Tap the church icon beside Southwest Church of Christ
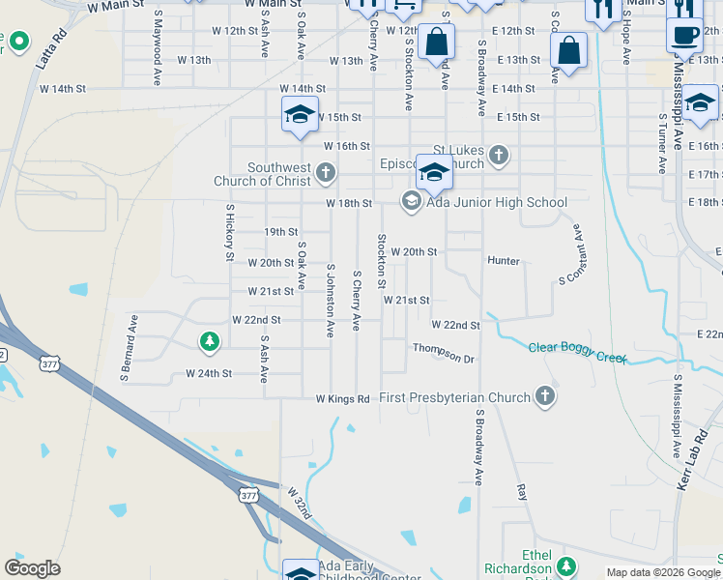(x=326, y=174)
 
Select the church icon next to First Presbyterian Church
(x=545, y=396)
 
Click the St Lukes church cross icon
(x=498, y=154)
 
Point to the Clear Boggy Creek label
(x=578, y=352)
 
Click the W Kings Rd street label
(x=342, y=398)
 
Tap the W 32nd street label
(x=299, y=503)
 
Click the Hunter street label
(x=504, y=261)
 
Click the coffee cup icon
(x=684, y=35)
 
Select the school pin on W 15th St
(x=300, y=115)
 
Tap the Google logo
(x=32, y=567)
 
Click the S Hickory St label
(x=230, y=232)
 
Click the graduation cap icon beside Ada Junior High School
(x=411, y=200)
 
